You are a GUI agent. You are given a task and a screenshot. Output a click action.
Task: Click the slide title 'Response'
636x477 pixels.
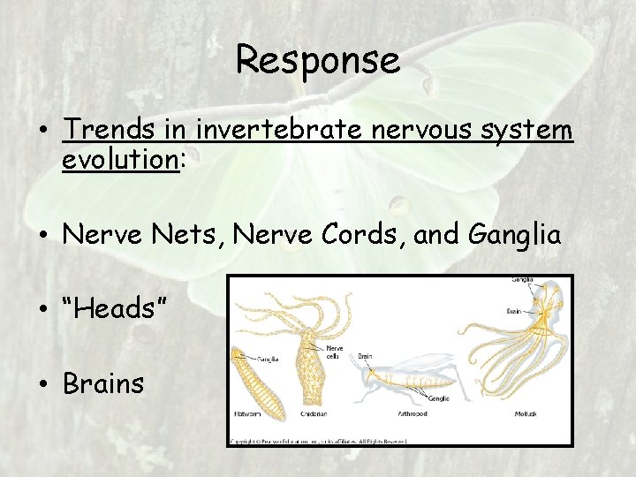(x=318, y=60)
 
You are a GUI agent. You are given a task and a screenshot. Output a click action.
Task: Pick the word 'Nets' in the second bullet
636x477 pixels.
(x=164, y=234)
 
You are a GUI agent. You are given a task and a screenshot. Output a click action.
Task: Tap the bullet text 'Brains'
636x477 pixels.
(x=103, y=383)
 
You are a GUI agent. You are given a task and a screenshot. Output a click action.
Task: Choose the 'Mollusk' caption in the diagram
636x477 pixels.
(x=526, y=413)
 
